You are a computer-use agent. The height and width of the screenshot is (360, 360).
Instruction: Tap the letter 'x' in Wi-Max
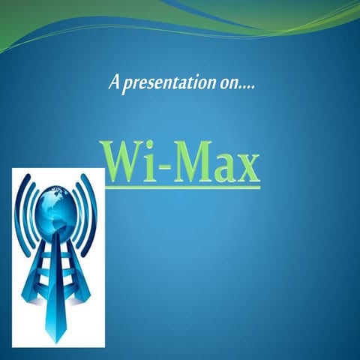pos(247,167)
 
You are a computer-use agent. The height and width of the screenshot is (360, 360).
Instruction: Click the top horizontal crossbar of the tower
pos(57,238)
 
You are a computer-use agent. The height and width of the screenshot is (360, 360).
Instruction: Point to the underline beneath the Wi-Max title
pos(183,186)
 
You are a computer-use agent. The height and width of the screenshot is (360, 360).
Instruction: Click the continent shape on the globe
pos(55,199)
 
